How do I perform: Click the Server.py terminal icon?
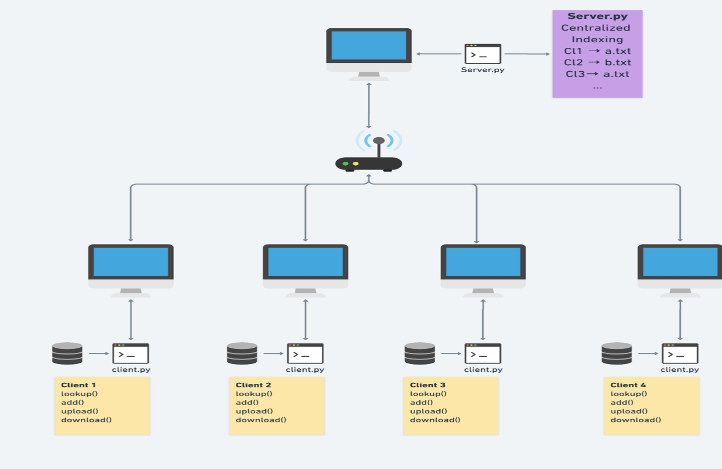[482, 54]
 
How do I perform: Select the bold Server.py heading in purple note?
[597, 16]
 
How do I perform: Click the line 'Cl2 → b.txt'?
[597, 62]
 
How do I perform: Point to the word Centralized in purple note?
[595, 28]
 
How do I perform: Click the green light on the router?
[345, 164]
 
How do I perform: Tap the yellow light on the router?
[356, 164]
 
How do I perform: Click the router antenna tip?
[379, 141]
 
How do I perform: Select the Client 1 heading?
[78, 385]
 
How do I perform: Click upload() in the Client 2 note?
[254, 411]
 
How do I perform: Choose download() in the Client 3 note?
[435, 420]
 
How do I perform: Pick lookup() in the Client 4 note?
[629, 394]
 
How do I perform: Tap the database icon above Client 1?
[67, 353]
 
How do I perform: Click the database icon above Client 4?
[616, 353]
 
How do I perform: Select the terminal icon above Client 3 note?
[482, 353]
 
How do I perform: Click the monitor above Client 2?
[305, 266]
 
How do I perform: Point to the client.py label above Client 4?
[679, 370]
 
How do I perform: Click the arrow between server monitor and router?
[369, 106]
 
